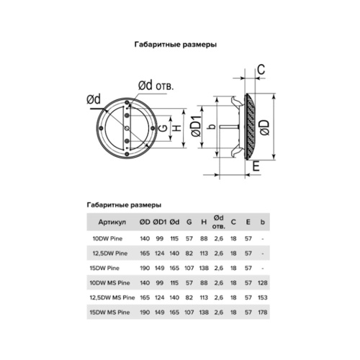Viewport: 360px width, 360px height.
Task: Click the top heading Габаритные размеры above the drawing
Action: pos(176,44)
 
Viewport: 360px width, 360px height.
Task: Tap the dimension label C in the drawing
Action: pos(261,69)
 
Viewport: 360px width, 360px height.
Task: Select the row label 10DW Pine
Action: pos(105,238)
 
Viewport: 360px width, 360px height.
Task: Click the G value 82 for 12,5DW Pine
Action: pos(188,253)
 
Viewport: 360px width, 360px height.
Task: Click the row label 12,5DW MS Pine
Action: pos(108,295)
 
